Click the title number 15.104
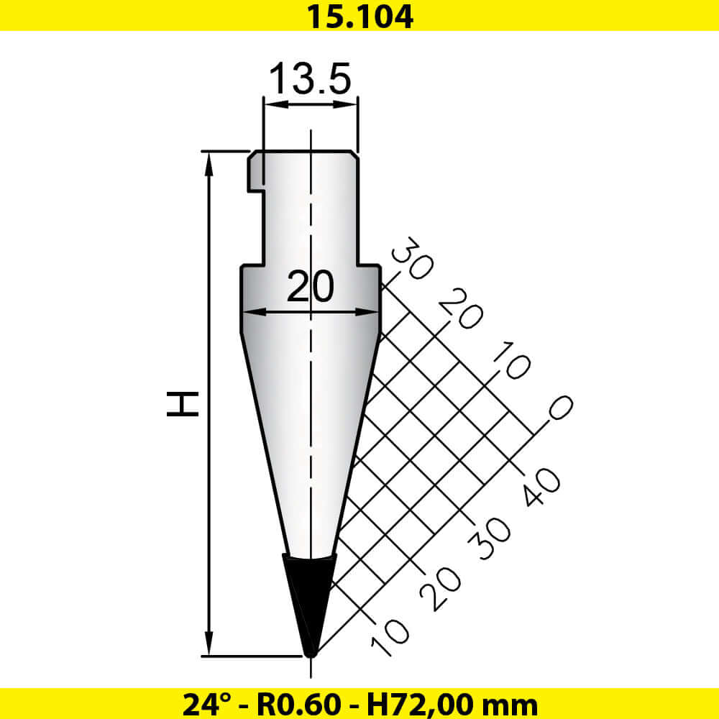[x=359, y=16]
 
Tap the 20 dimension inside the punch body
[x=310, y=288]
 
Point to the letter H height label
[x=183, y=404]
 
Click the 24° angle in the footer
[x=203, y=703]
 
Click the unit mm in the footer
[x=513, y=703]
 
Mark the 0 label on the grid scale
[x=559, y=408]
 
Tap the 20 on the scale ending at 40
[x=439, y=587]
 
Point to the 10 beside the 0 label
[x=510, y=359]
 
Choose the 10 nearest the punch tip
[x=389, y=636]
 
